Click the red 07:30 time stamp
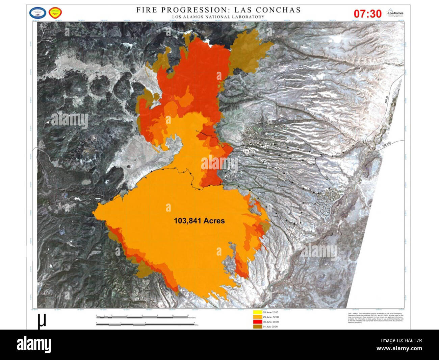coord(367,14)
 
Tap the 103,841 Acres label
coord(199,221)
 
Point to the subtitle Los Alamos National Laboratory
coord(218,17)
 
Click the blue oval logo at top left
coord(37,13)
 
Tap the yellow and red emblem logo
coord(55,13)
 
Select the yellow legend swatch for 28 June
coord(257,312)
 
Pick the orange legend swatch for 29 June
coord(257,317)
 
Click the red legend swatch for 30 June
coord(257,322)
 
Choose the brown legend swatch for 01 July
coord(257,327)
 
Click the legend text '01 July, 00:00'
coord(270,327)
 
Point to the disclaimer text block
coord(375,318)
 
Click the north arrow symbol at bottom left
coord(42,321)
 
